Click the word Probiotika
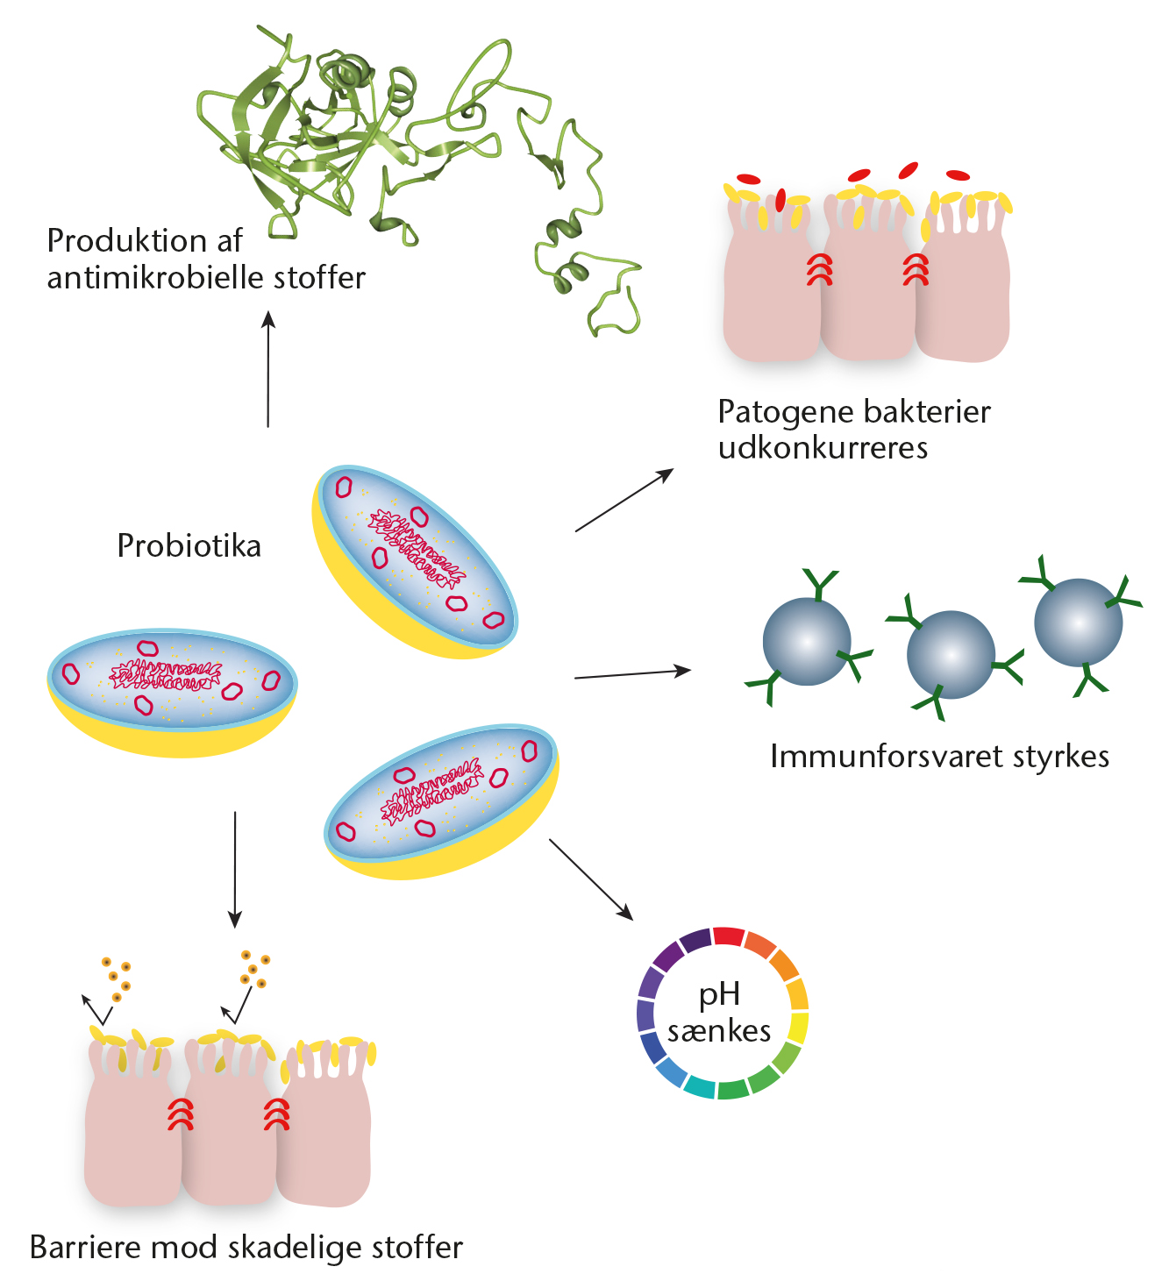click(189, 545)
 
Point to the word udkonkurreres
click(823, 447)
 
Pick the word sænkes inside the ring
click(719, 1031)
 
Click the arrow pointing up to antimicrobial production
click(267, 369)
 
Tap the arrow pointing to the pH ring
click(591, 879)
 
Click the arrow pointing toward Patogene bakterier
click(624, 500)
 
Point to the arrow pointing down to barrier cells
click(235, 870)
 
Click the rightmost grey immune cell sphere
click(1079, 623)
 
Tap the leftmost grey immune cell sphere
click(807, 642)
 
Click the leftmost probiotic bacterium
click(172, 692)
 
